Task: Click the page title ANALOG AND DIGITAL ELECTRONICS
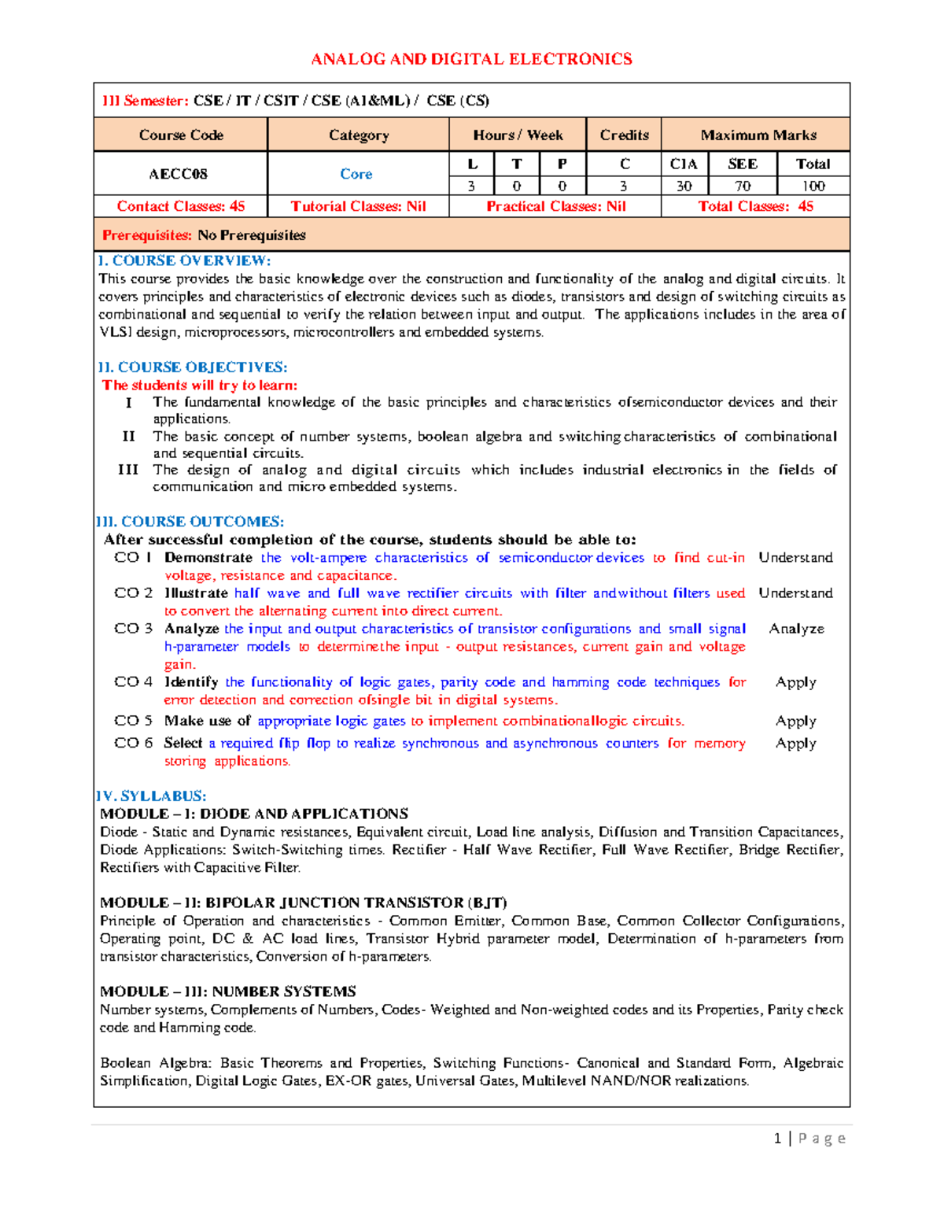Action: [x=471, y=59]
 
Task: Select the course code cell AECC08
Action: [x=179, y=174]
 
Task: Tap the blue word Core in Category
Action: [x=356, y=174]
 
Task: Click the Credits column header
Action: [x=624, y=135]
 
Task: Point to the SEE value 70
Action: [x=742, y=186]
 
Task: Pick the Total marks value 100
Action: [x=813, y=186]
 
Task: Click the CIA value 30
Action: [x=684, y=186]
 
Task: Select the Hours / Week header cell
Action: [x=518, y=135]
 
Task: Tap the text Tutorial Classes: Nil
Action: [x=358, y=206]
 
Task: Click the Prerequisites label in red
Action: [x=147, y=235]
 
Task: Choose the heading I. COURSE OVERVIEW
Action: [x=183, y=260]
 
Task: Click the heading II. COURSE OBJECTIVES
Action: [x=192, y=367]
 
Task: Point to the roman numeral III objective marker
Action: [x=127, y=470]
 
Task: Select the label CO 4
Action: [x=133, y=682]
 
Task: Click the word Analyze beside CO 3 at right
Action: [x=796, y=629]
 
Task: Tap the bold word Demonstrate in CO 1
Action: [x=208, y=558]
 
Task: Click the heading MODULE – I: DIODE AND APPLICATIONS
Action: [x=254, y=814]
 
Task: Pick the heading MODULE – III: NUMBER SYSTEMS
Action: [x=228, y=991]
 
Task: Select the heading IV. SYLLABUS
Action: [x=150, y=796]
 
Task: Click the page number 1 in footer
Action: [x=777, y=1139]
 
